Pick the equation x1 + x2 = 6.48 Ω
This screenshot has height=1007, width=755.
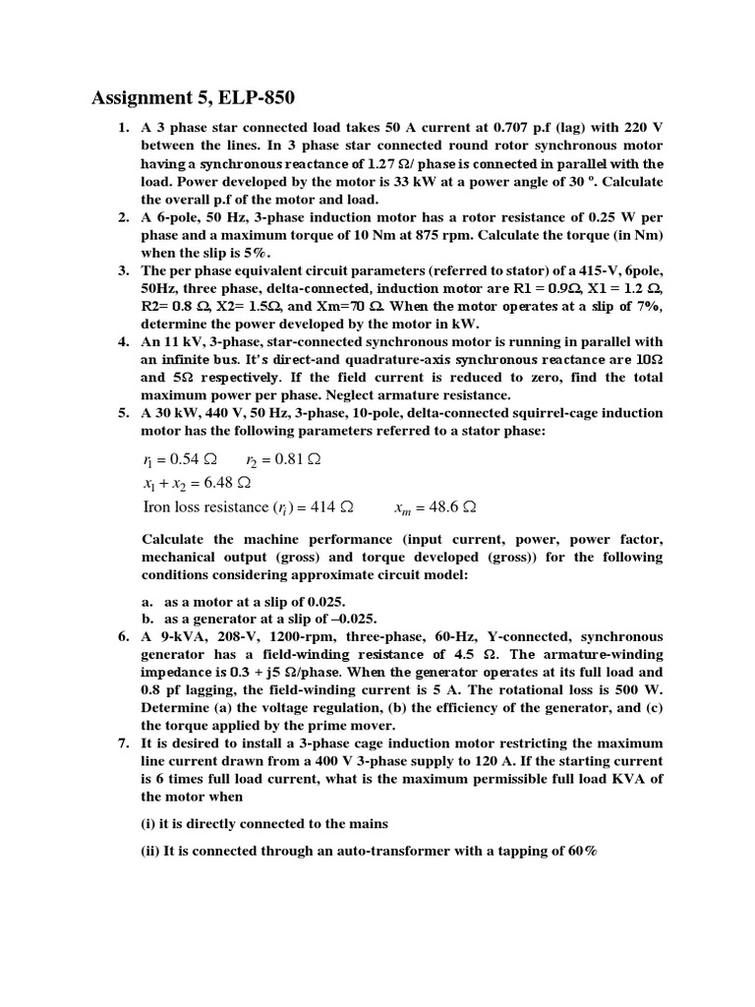coord(197,483)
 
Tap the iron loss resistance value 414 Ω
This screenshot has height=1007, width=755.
coord(331,507)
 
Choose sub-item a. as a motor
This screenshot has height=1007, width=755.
coord(245,601)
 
